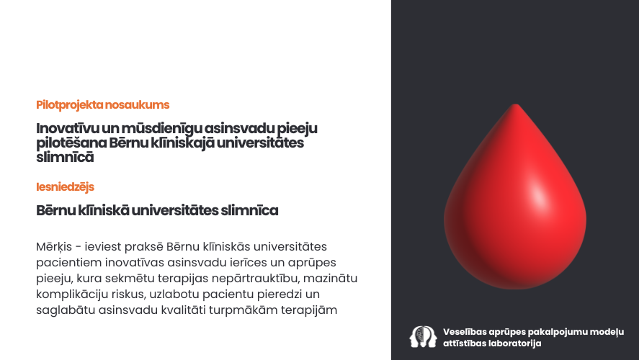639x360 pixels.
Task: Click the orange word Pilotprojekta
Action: tap(70, 105)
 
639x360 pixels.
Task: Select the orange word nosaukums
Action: tap(137, 104)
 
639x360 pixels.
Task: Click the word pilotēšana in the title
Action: tap(71, 143)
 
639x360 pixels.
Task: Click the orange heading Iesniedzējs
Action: tap(66, 187)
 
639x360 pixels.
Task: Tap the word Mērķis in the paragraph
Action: tap(54, 247)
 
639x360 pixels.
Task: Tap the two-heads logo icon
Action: tap(424, 336)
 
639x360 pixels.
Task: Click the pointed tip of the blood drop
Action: tap(516, 104)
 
